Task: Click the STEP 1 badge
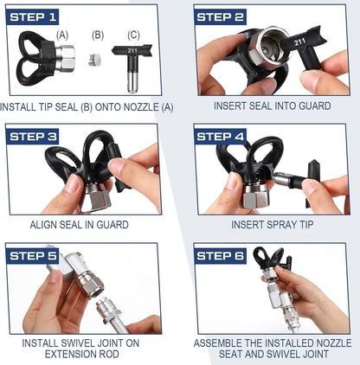click(x=32, y=17)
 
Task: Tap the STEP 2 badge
click(x=220, y=17)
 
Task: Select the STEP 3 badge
click(x=32, y=137)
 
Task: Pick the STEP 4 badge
click(x=220, y=137)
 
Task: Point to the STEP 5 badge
click(x=32, y=256)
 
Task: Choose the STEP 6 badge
click(x=220, y=256)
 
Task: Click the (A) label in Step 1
click(x=62, y=35)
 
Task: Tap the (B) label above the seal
click(x=98, y=35)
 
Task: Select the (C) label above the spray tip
click(x=133, y=35)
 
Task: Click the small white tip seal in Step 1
click(x=94, y=60)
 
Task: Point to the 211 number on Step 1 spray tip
click(x=132, y=51)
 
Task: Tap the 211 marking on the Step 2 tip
click(x=300, y=42)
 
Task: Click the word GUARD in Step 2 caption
click(x=315, y=106)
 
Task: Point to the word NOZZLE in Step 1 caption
click(x=141, y=107)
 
